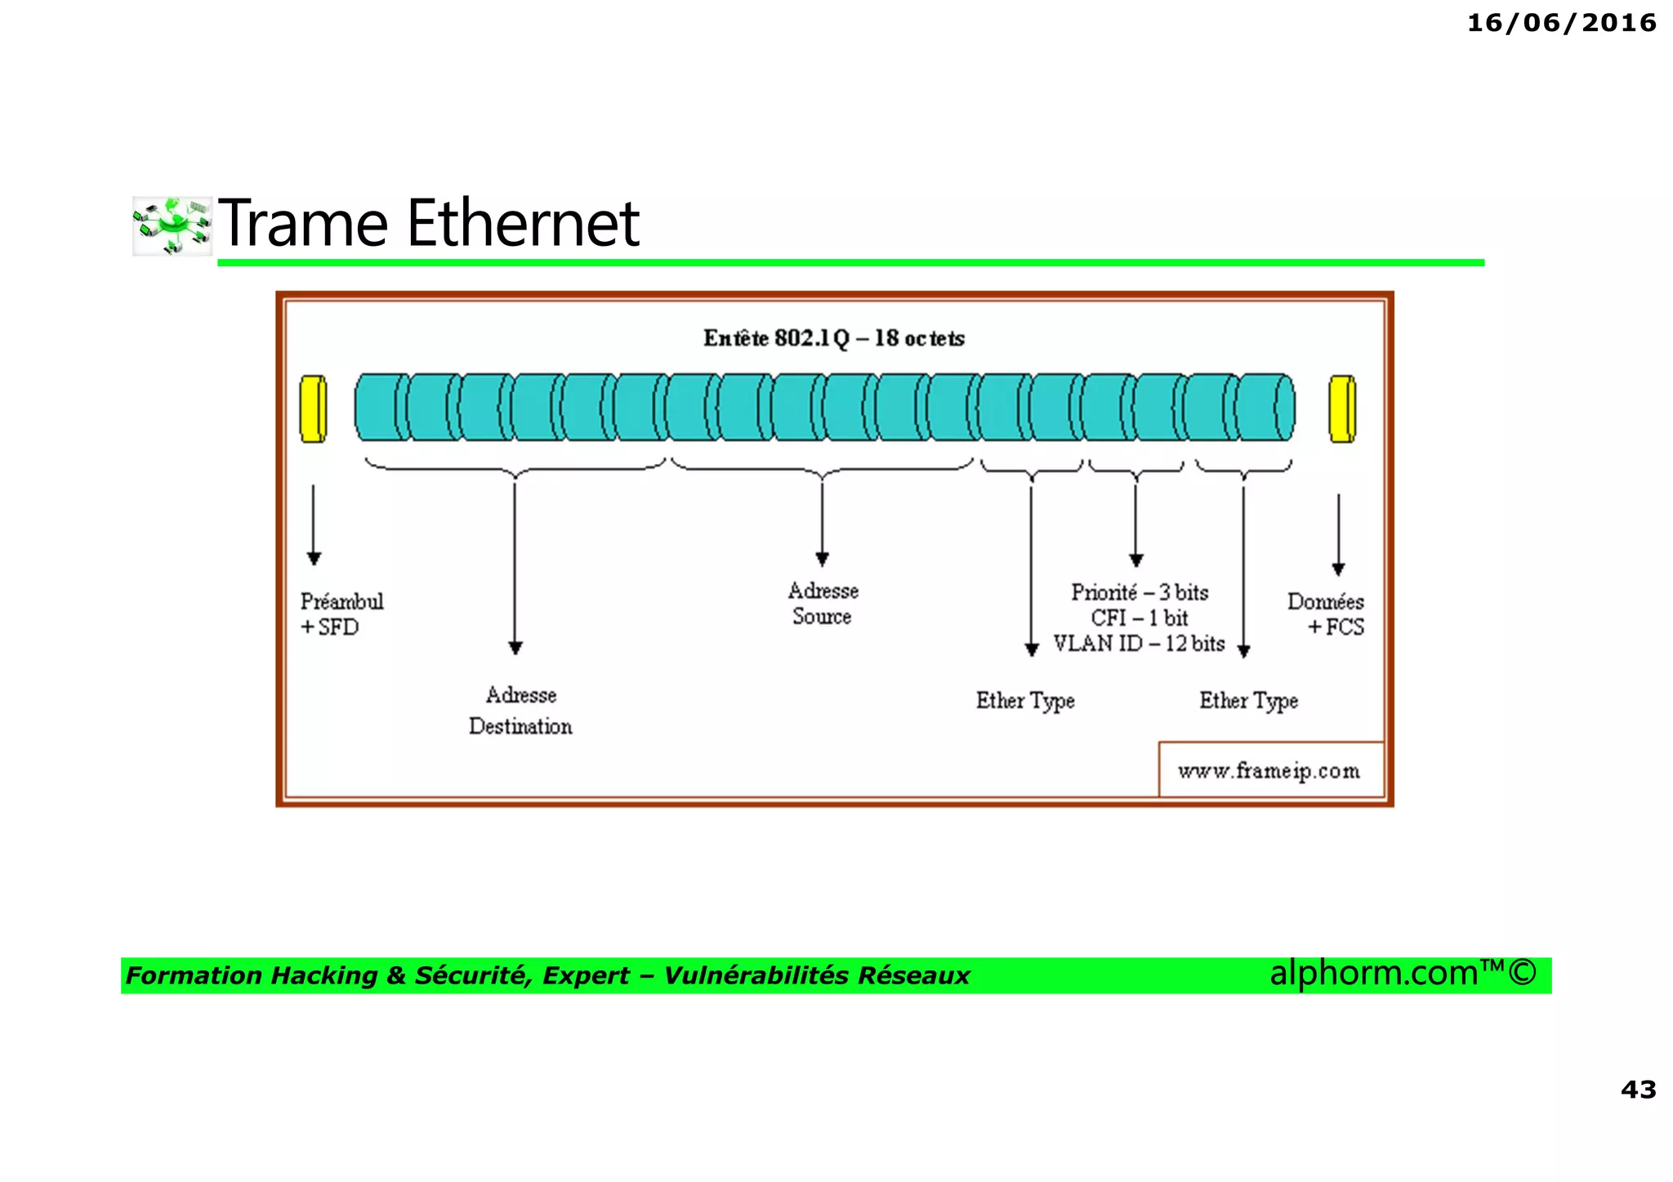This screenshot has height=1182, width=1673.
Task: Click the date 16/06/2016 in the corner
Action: point(1561,23)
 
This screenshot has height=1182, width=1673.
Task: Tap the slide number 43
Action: point(1638,1089)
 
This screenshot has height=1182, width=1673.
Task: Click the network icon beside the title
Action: point(172,225)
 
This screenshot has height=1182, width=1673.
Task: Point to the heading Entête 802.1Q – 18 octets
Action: point(833,338)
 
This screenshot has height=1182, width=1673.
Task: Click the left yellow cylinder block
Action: point(314,408)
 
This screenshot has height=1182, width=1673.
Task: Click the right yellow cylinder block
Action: point(1342,408)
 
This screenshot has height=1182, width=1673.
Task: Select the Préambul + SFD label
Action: point(341,614)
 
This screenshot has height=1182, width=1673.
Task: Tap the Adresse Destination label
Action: point(520,711)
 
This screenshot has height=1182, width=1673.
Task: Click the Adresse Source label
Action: point(823,604)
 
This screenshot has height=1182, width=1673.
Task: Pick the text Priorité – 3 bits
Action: point(1140,592)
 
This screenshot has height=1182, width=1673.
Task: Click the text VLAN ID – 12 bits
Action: point(1139,644)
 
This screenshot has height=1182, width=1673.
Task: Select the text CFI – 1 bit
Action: point(1139,618)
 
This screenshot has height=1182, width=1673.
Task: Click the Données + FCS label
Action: point(1326,614)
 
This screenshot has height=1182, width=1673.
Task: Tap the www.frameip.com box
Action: point(1269,770)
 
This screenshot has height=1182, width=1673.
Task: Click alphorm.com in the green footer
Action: point(1372,974)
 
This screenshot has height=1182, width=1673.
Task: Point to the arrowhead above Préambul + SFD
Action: point(314,559)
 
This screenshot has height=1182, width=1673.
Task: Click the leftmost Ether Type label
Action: point(1025,701)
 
